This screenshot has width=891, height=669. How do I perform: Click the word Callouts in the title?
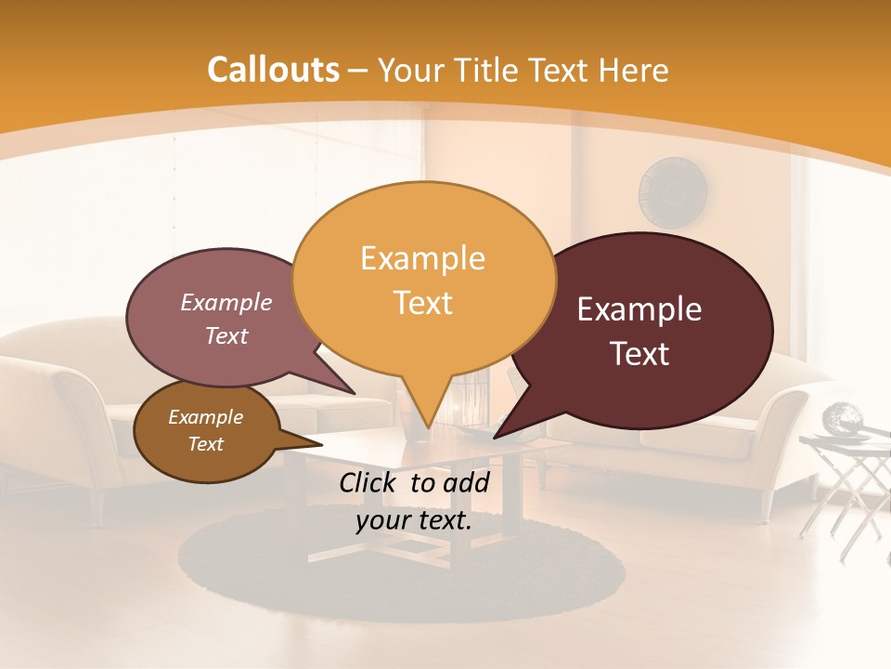click(273, 70)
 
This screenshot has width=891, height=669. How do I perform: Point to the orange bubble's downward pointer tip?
click(426, 426)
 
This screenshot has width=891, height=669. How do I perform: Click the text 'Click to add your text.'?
click(414, 502)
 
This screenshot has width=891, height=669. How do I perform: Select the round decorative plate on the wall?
click(674, 192)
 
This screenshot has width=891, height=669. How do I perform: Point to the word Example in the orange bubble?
click(422, 258)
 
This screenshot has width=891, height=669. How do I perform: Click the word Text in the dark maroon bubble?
click(640, 354)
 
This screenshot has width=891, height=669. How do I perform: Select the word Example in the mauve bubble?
click(226, 302)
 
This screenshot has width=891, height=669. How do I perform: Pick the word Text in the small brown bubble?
click(206, 444)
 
